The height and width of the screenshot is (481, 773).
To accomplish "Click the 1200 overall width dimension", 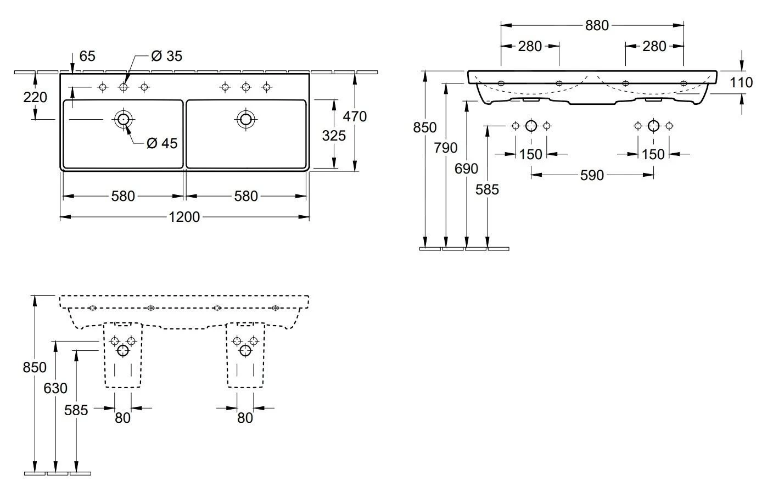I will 184,217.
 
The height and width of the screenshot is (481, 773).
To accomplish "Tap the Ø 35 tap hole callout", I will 166,56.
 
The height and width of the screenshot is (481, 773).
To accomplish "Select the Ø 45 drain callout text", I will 162,143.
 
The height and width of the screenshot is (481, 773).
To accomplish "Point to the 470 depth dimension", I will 355,116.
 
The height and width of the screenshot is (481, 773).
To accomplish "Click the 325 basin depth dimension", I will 334,135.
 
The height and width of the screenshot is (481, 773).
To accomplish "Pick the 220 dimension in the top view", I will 35,97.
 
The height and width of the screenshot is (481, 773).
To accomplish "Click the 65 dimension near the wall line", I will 87,56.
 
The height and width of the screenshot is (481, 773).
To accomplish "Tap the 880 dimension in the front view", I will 597,25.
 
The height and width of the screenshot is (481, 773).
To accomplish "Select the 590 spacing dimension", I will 592,175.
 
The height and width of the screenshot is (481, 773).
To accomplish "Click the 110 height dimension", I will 742,82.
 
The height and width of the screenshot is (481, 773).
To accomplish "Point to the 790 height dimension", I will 446,148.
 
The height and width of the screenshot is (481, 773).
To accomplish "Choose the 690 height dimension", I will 467,169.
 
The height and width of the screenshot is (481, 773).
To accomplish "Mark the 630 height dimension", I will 55,388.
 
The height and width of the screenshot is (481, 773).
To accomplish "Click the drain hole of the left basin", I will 122,119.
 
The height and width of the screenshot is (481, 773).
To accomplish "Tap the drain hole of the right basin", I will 245,119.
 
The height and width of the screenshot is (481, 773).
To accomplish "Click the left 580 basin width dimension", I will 123,196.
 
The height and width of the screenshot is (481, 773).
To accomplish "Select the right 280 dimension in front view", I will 654,46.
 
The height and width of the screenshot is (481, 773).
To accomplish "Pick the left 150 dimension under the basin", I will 531,154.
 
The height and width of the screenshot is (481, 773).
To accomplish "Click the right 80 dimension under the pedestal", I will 245,418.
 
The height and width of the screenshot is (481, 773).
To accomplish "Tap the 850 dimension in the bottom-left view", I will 35,367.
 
